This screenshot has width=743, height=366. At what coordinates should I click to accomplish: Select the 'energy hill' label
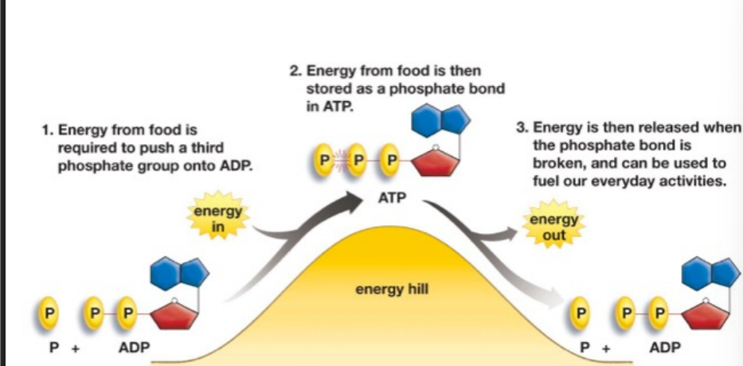[x=391, y=289]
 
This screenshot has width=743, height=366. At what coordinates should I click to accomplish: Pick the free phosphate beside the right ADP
[x=583, y=311]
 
